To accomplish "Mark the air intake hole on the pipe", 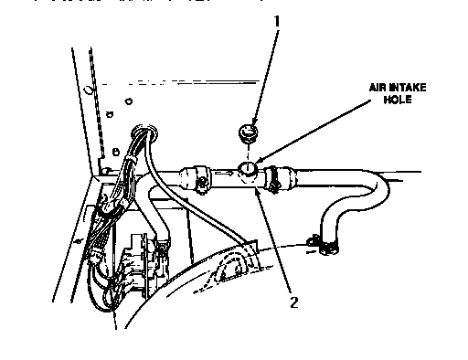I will pyautogui.click(x=248, y=168).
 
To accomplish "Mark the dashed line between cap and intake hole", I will pyautogui.click(x=247, y=152).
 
